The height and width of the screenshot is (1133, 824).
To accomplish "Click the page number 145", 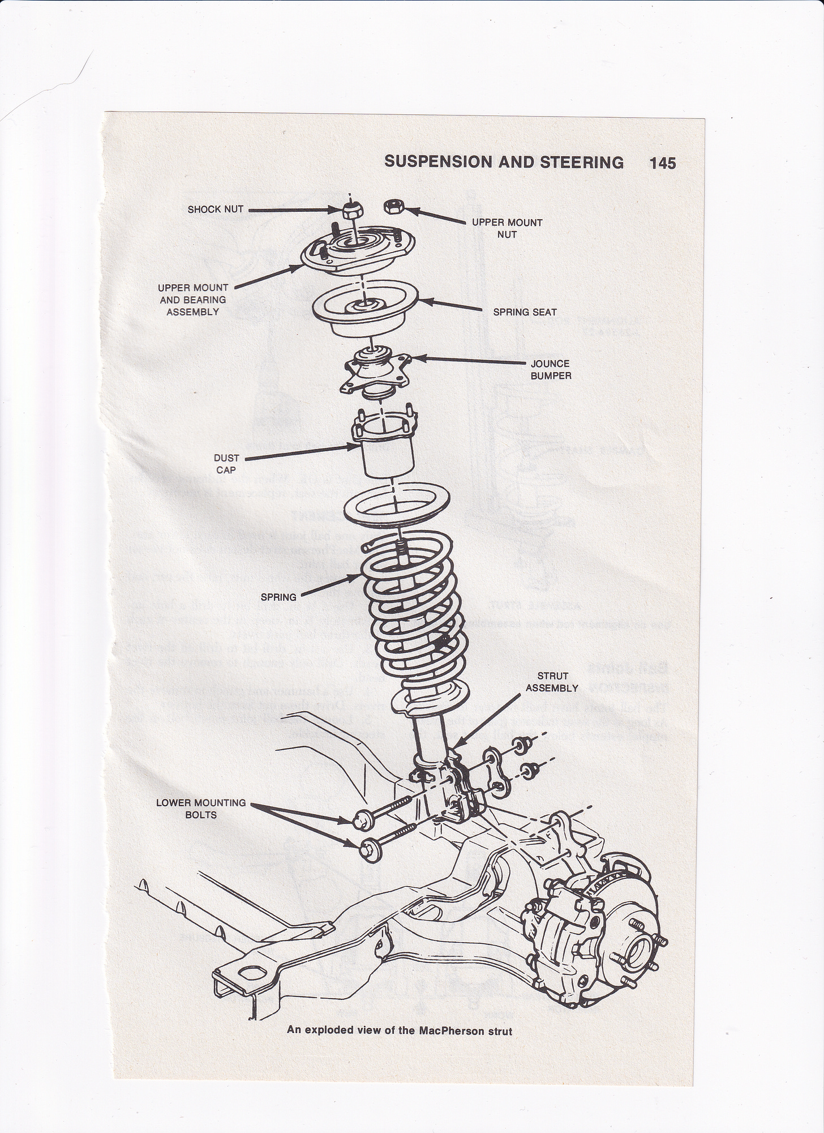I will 662,163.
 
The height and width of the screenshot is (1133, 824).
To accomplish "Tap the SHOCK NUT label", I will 215,210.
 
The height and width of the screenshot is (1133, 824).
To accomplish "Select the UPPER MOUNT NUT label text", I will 507,228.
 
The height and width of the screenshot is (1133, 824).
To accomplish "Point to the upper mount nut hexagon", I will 392,206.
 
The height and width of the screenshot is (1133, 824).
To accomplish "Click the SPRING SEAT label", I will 525,312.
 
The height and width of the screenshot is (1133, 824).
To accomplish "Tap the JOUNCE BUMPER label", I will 550,369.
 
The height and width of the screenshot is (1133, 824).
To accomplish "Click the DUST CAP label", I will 226,464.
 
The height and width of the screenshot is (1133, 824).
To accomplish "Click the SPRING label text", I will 278,597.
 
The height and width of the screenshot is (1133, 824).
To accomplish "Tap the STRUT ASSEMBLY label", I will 552,682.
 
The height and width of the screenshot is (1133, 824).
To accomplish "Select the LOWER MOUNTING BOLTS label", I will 201,809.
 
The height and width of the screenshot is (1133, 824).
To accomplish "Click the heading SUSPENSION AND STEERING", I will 504,163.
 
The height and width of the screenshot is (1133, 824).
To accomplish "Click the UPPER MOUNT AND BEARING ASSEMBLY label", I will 192,300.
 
